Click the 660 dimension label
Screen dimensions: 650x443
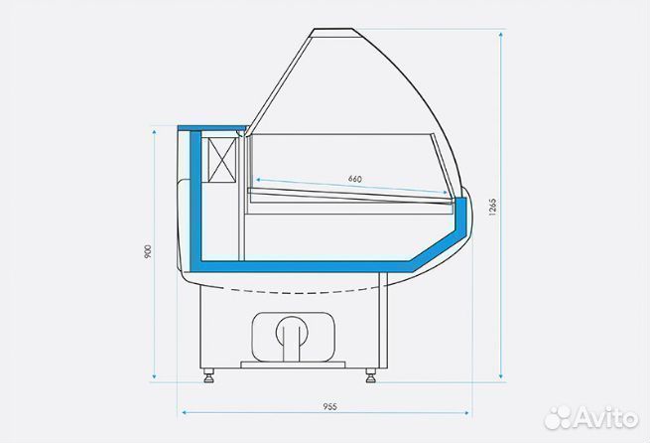355,179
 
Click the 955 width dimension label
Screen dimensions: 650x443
330,407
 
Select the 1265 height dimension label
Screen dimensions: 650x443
492,207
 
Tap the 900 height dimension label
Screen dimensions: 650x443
148,251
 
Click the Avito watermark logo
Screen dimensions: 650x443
590,418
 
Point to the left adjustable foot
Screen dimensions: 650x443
208,375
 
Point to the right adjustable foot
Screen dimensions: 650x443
371,375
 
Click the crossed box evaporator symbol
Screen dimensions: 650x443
221,159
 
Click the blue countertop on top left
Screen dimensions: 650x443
213,128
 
